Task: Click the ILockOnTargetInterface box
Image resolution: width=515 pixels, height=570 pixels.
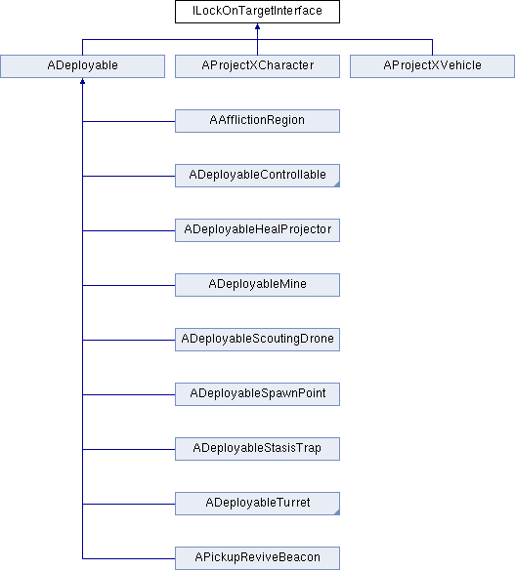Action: coord(257,12)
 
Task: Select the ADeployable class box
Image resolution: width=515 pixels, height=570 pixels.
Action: coord(83,66)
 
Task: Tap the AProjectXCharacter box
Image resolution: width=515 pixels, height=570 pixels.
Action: coord(257,66)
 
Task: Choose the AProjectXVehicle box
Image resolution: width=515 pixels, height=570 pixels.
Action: coord(432,66)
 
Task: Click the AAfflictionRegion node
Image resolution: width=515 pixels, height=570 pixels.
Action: coord(257,121)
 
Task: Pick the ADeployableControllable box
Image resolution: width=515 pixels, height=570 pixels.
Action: coord(257,176)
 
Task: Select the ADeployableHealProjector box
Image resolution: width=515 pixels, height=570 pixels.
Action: coord(257,230)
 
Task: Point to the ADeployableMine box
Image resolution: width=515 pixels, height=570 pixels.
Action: coord(257,285)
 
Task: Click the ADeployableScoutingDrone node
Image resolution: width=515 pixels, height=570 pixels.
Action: coord(257,340)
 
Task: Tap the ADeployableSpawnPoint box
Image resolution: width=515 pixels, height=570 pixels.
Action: coord(257,394)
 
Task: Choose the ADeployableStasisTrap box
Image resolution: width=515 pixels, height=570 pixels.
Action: coord(257,449)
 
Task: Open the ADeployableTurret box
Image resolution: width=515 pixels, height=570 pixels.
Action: coord(257,504)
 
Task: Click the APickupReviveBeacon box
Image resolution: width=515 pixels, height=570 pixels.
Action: coord(257,558)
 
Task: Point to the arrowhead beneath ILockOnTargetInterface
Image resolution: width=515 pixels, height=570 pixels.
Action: coord(257,26)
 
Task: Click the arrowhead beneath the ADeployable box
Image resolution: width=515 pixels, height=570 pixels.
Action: coord(83,81)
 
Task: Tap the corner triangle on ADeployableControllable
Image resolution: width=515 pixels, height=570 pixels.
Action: coord(337,184)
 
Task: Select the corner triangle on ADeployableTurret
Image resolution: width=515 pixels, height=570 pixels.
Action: coord(337,512)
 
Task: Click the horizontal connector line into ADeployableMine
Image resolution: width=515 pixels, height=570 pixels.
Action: coord(129,285)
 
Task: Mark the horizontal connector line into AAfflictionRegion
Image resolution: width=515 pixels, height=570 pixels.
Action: coord(129,121)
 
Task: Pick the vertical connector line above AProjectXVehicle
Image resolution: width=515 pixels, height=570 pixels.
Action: coord(432,47)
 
